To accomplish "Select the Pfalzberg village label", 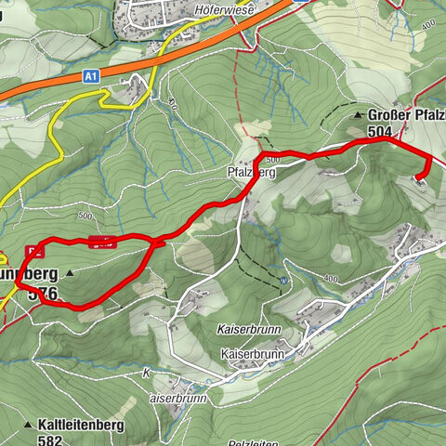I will (252, 172).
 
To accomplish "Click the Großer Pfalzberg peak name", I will (406, 115).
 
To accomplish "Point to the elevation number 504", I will (379, 132).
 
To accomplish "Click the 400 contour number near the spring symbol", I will (329, 278).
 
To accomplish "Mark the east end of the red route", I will (420, 179).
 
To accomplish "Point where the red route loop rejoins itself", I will (153, 244).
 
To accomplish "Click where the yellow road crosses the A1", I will (159, 62).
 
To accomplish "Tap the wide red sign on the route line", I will (103, 243).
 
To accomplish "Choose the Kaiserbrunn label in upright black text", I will (252, 354).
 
